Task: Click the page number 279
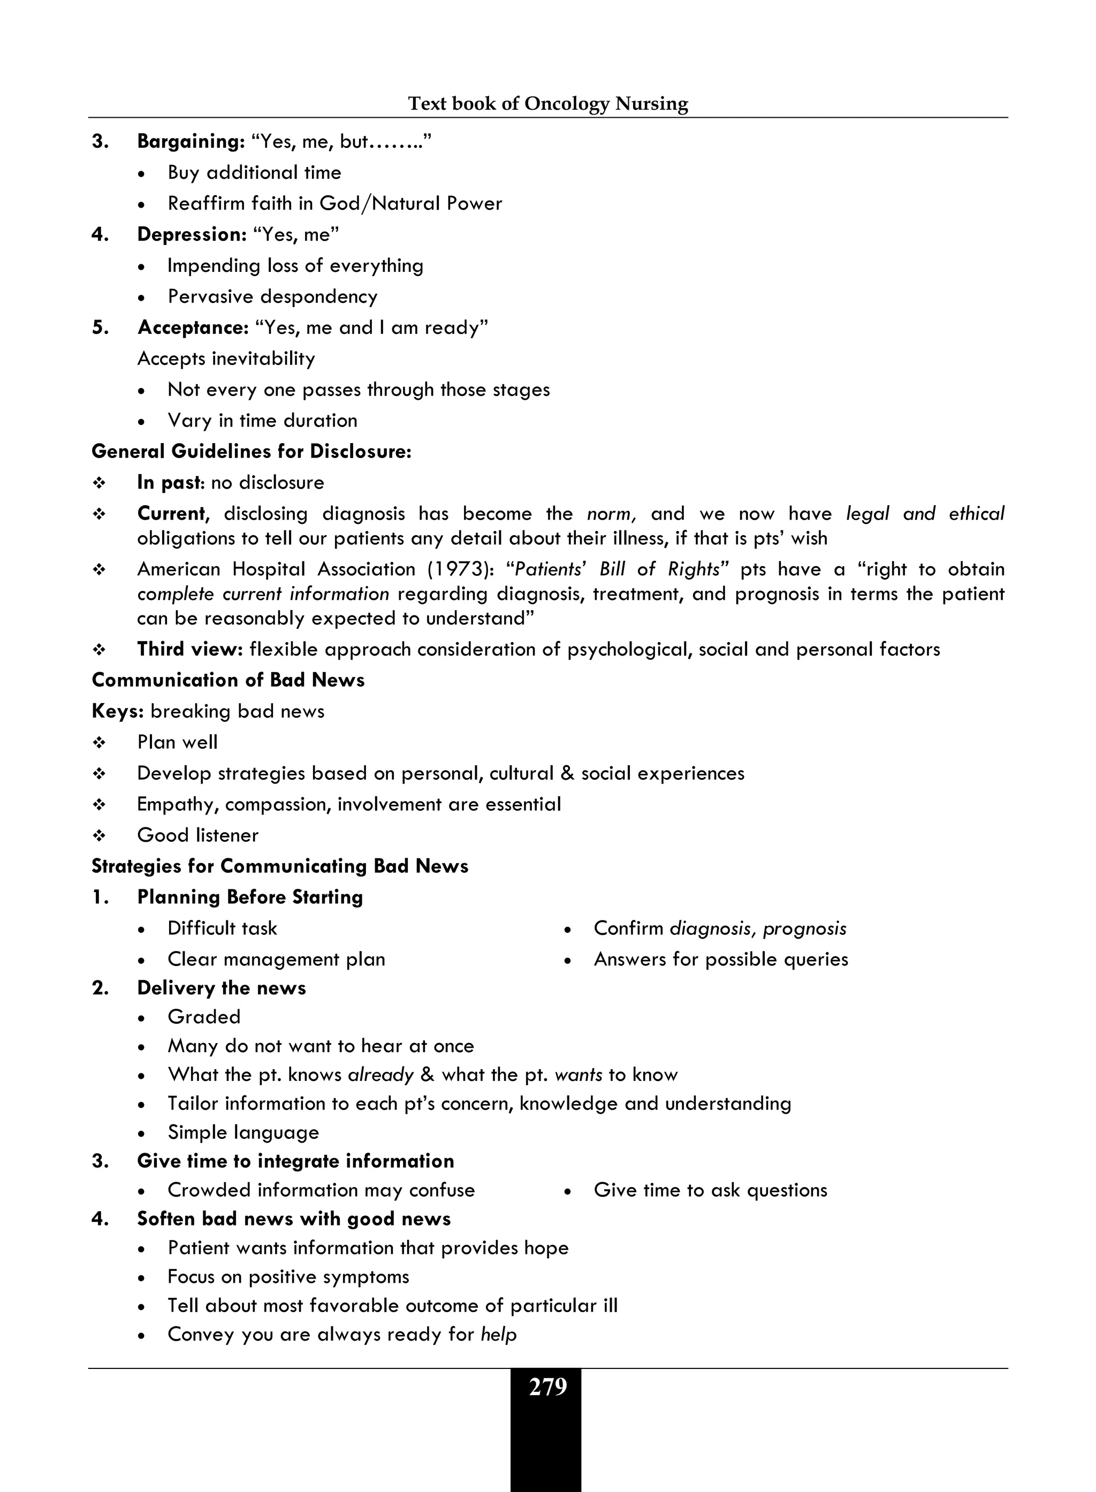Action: pyautogui.click(x=547, y=1387)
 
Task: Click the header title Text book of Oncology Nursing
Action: pyautogui.click(x=547, y=103)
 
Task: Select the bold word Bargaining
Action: pyautogui.click(x=191, y=141)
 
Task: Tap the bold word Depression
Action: pyautogui.click(x=191, y=234)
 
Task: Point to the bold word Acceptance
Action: pyautogui.click(x=193, y=328)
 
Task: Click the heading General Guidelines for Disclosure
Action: pyautogui.click(x=252, y=452)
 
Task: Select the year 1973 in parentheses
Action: pyautogui.click(x=457, y=569)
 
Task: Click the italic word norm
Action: pyautogui.click(x=611, y=513)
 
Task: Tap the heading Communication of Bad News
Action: pyautogui.click(x=227, y=680)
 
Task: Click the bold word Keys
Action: pyautogui.click(x=117, y=711)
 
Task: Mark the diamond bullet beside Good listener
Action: pyautogui.click(x=100, y=836)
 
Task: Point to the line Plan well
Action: pyautogui.click(x=177, y=742)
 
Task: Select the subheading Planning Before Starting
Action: pyautogui.click(x=249, y=897)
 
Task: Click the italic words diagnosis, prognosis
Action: pyautogui.click(x=758, y=928)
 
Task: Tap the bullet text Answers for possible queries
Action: pyautogui.click(x=720, y=960)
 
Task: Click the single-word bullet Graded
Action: pyautogui.click(x=204, y=1017)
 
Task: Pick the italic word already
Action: pyautogui.click(x=380, y=1075)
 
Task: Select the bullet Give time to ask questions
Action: pyautogui.click(x=710, y=1190)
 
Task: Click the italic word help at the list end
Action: pyautogui.click(x=498, y=1334)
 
